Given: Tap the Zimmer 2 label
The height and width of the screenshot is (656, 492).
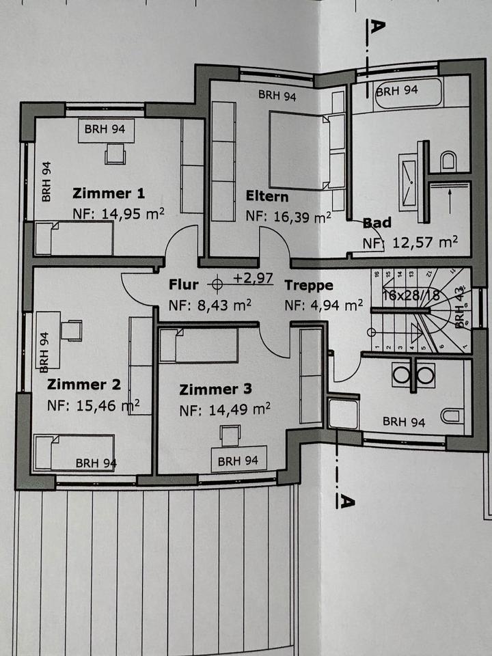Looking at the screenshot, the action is pyautogui.click(x=79, y=385).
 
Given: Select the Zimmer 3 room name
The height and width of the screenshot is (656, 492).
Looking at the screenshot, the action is pyautogui.click(x=215, y=389).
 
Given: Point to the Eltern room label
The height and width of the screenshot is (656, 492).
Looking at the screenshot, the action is pyautogui.click(x=267, y=197).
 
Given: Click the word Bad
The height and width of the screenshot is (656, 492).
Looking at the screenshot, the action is pyautogui.click(x=377, y=223).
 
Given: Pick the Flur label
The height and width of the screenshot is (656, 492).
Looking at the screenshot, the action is pyautogui.click(x=183, y=285).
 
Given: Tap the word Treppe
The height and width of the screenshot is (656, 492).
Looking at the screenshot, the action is pyautogui.click(x=309, y=285).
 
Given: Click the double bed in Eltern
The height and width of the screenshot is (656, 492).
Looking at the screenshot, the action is pyautogui.click(x=299, y=150).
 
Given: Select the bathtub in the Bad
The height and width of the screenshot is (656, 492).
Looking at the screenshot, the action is pyautogui.click(x=408, y=95).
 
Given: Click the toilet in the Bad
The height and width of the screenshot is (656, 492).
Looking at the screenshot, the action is pyautogui.click(x=448, y=160).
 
